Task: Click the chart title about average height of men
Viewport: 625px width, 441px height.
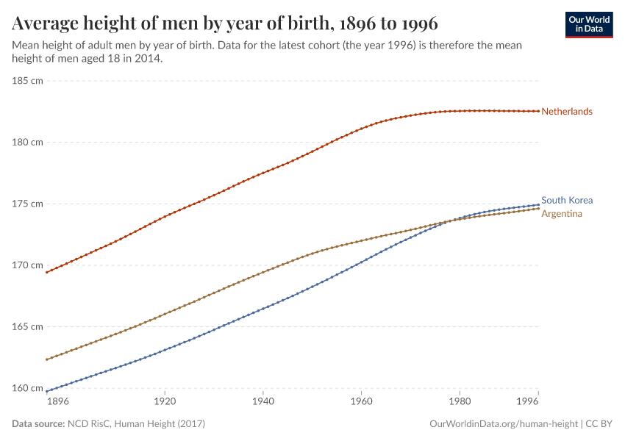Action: pyautogui.click(x=225, y=24)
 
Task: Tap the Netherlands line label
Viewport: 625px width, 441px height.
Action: pyautogui.click(x=566, y=112)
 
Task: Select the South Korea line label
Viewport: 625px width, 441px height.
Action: pyautogui.click(x=566, y=200)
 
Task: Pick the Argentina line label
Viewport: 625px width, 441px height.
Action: pyautogui.click(x=562, y=214)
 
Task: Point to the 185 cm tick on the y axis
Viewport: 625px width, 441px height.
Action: pyautogui.click(x=27, y=80)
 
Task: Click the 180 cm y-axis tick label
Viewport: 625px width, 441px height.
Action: pyautogui.click(x=27, y=142)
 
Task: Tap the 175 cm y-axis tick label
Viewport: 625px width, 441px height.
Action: pyautogui.click(x=27, y=204)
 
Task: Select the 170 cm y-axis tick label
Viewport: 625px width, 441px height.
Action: pyautogui.click(x=27, y=265)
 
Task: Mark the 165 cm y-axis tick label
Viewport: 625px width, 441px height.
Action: pyautogui.click(x=27, y=326)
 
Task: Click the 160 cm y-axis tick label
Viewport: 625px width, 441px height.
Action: pyautogui.click(x=27, y=388)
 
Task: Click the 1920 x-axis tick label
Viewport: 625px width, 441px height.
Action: pyautogui.click(x=164, y=402)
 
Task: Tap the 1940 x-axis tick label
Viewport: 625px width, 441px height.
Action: pyautogui.click(x=262, y=402)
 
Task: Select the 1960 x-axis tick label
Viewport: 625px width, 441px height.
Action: pyautogui.click(x=361, y=402)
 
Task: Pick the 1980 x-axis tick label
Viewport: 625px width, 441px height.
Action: pyautogui.click(x=460, y=402)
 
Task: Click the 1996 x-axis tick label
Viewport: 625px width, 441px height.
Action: pyautogui.click(x=527, y=402)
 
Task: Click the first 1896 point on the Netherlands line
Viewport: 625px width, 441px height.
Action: pyautogui.click(x=46, y=272)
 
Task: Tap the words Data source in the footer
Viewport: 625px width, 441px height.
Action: pyautogui.click(x=38, y=424)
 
